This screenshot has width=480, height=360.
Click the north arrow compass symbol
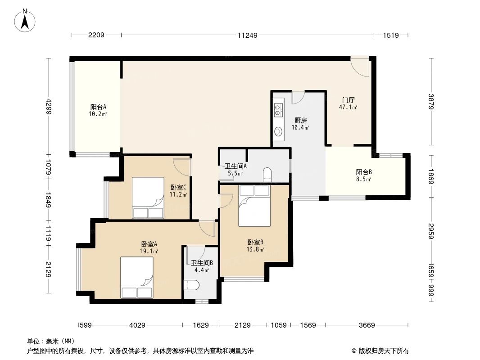tap(25, 20)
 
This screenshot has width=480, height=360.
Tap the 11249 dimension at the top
tap(247, 35)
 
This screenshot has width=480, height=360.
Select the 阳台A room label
tap(98, 107)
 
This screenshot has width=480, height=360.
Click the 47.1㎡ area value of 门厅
tap(348, 108)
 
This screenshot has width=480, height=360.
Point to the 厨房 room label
tap(301, 121)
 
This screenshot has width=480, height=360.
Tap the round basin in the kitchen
tap(278, 132)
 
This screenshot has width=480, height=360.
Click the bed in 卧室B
tap(254, 206)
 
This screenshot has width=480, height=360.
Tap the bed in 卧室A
tap(137, 277)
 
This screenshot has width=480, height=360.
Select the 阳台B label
tap(364, 172)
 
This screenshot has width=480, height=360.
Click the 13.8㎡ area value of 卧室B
tap(255, 250)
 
